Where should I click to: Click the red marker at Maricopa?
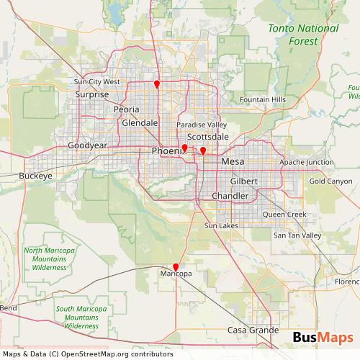[176, 267]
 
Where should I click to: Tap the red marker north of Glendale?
[157, 84]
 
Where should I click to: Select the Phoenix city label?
[166, 150]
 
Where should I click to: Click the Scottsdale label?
[207, 136]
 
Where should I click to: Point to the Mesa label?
[233, 162]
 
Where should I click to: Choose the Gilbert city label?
[244, 181]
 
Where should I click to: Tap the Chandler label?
[230, 196]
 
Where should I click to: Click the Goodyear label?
[87, 145]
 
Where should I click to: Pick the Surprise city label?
[91, 94]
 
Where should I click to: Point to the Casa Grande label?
[253, 330]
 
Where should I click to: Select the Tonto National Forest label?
[302, 35]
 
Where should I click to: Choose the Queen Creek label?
[284, 215]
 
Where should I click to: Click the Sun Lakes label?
[220, 226]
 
